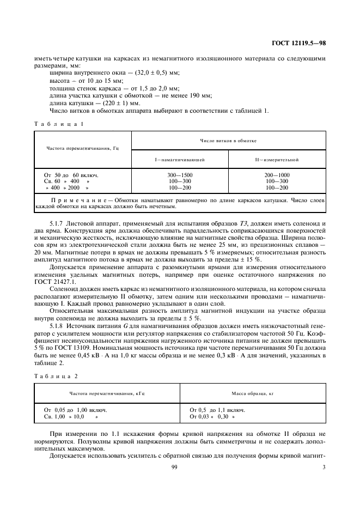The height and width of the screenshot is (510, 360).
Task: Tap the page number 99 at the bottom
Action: click(175, 467)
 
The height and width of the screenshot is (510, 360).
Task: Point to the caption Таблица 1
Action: click(58, 124)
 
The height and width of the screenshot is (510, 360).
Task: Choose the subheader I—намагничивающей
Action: click(180, 159)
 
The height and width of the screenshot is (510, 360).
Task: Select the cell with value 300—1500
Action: click(180, 174)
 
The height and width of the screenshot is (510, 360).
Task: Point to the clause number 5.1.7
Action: click(58, 224)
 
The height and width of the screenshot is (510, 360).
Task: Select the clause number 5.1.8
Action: click(58, 324)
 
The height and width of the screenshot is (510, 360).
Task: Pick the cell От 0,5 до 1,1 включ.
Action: click(217, 409)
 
